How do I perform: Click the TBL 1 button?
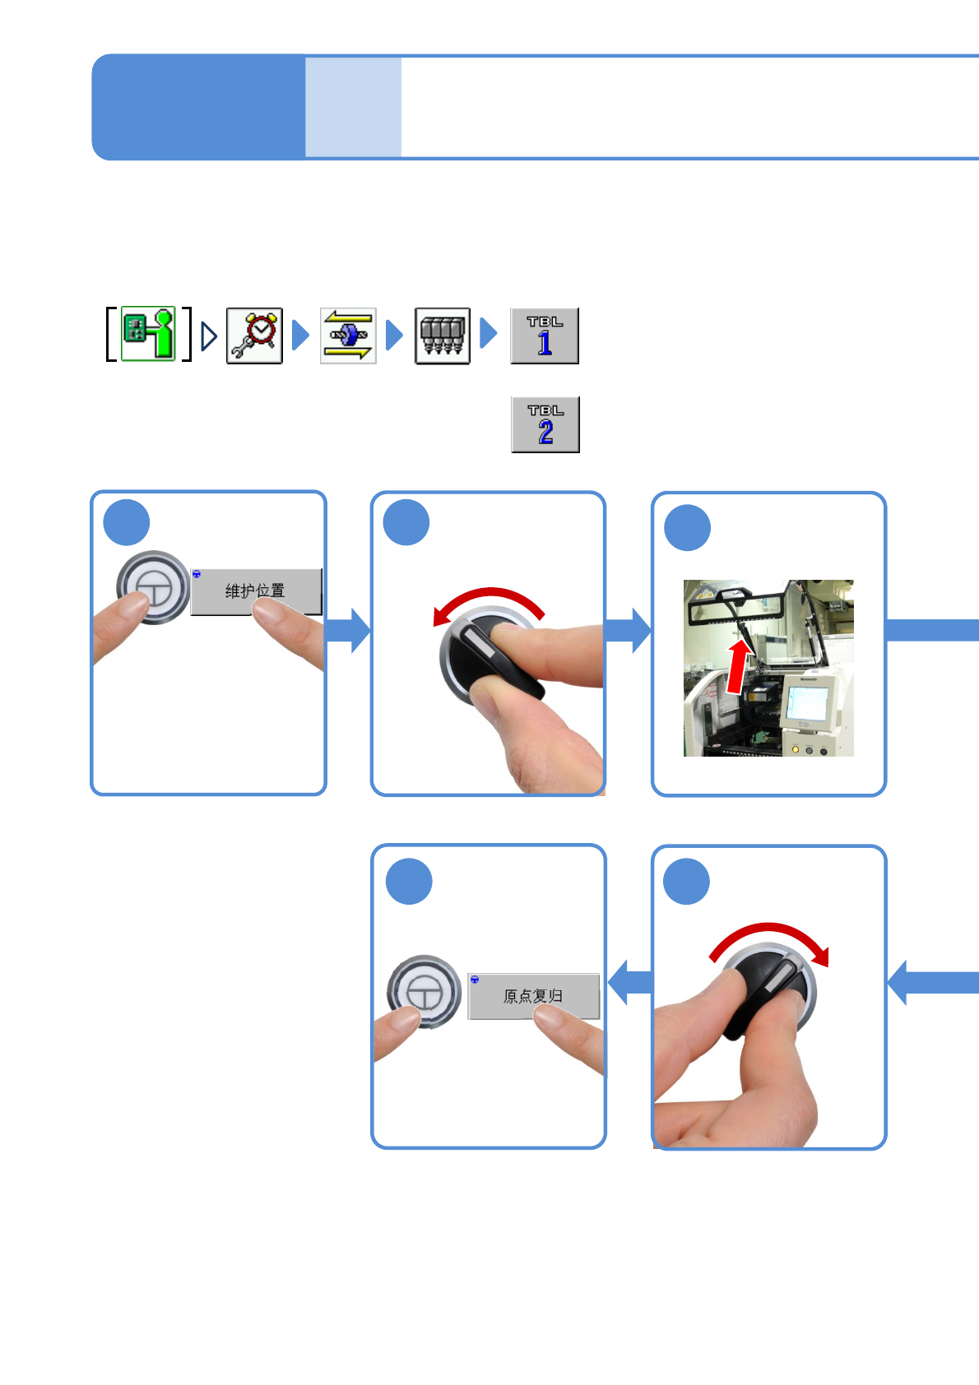[545, 336]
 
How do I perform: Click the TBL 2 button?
[545, 424]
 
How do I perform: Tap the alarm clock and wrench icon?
[254, 336]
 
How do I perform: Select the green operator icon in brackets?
[149, 333]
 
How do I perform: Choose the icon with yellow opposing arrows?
[348, 336]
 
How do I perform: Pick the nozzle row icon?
[443, 336]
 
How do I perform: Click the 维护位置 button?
[255, 591]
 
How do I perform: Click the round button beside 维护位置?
[154, 587]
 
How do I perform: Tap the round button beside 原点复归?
[424, 992]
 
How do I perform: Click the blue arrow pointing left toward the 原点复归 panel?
[629, 982]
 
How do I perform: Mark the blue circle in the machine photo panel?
[687, 528]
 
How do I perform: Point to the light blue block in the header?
[353, 107]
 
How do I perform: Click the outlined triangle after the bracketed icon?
[209, 336]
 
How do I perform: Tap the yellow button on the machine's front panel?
[795, 750]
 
